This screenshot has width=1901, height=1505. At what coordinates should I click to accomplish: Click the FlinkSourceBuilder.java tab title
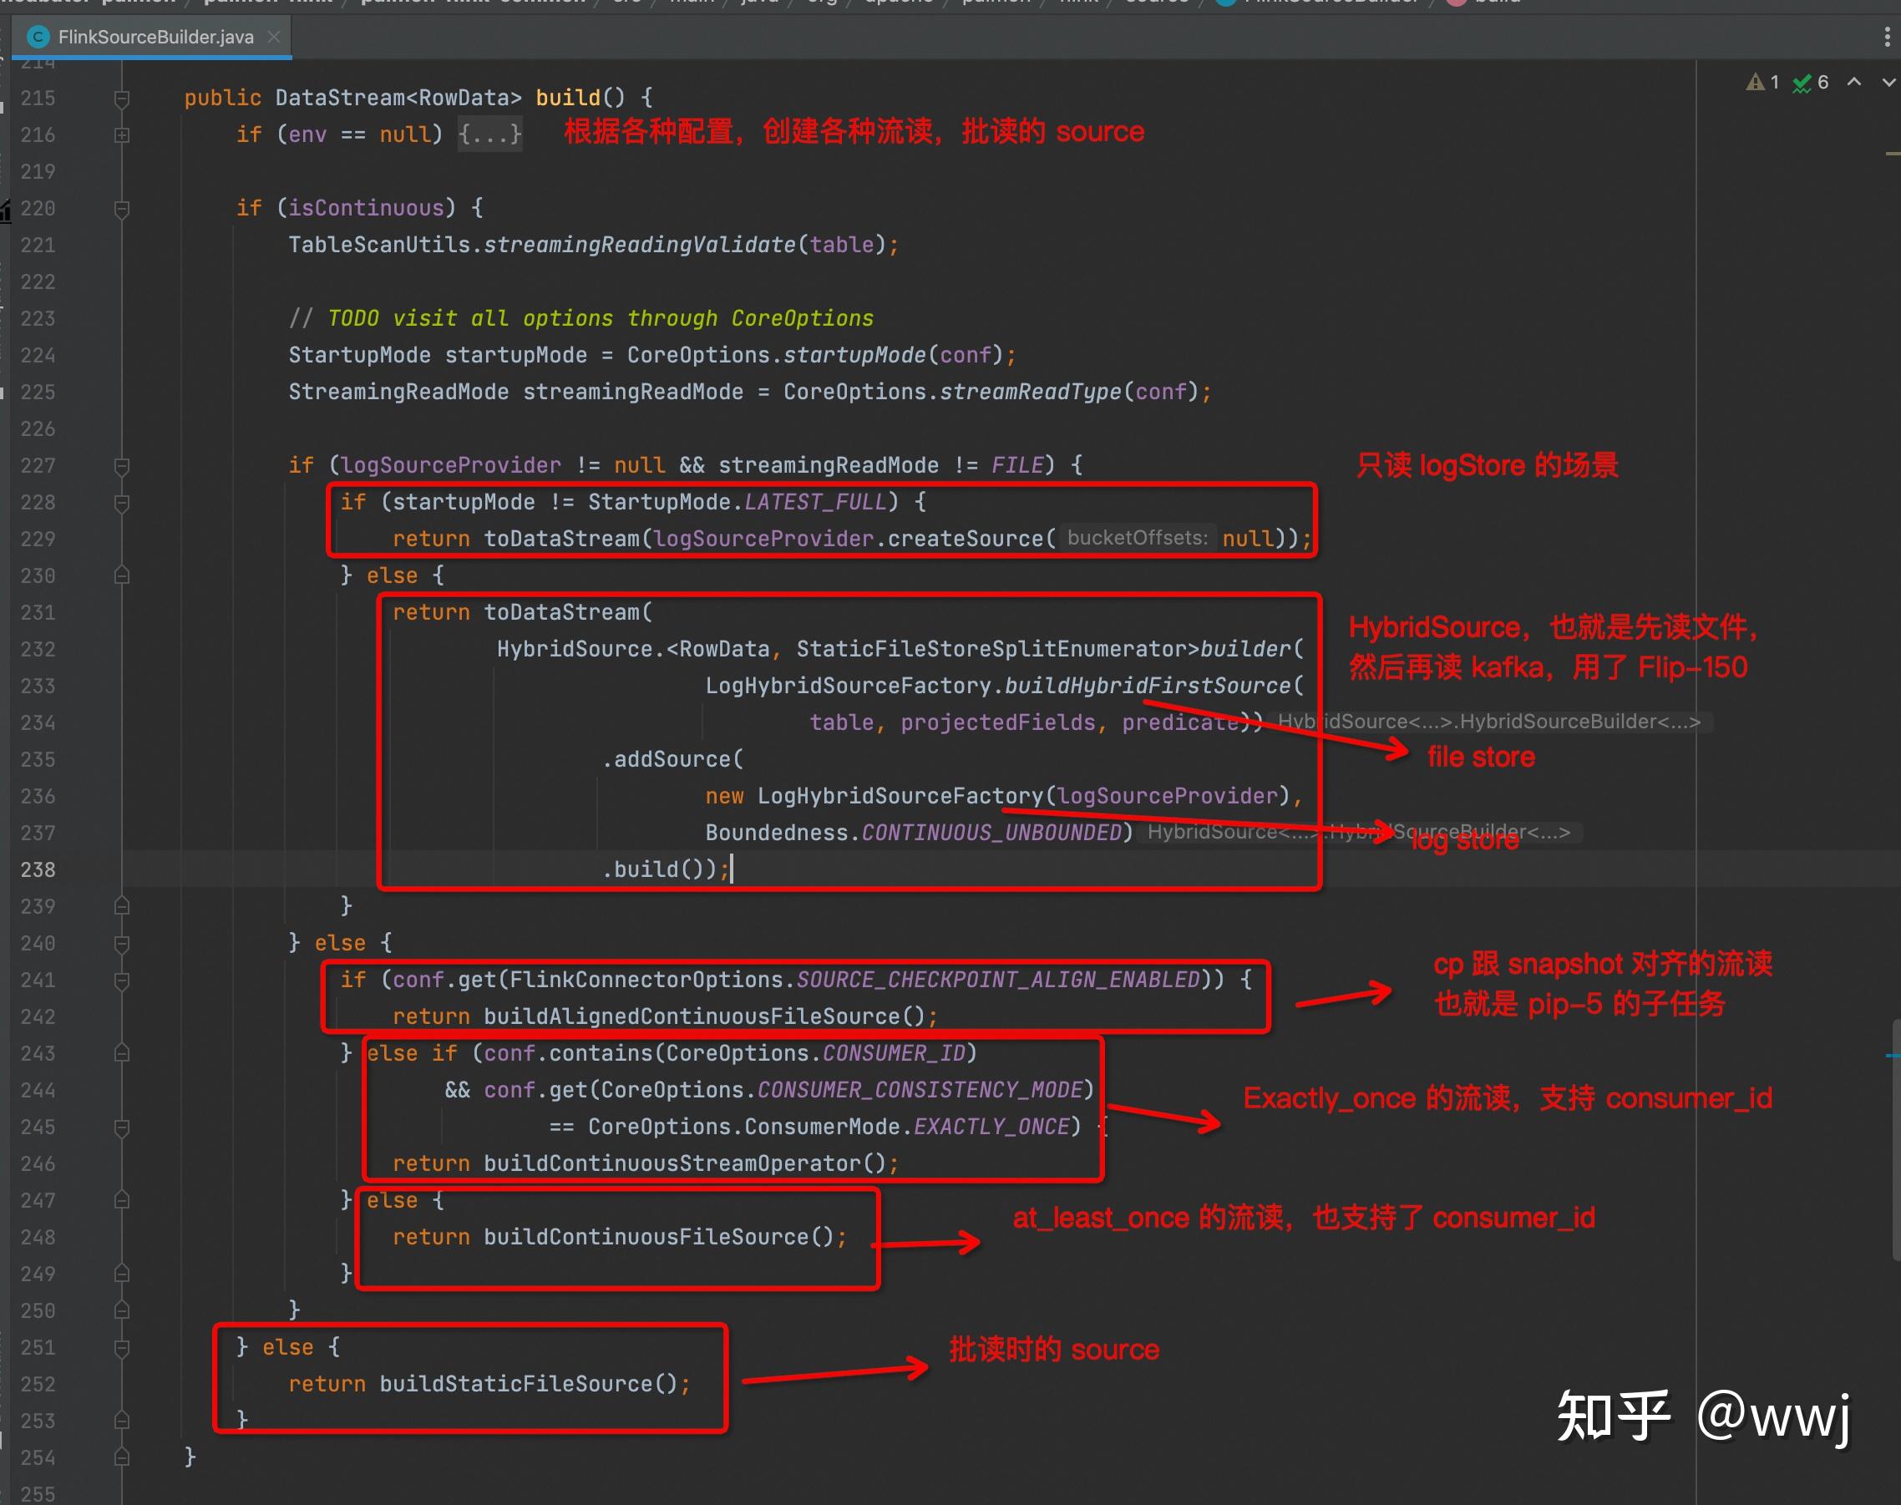(155, 37)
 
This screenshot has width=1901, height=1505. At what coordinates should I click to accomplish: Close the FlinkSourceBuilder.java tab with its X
(274, 37)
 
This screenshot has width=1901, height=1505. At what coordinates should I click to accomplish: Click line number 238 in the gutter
(38, 869)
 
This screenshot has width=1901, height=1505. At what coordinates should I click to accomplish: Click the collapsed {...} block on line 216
(490, 134)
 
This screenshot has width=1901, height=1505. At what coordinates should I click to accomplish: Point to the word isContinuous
(366, 208)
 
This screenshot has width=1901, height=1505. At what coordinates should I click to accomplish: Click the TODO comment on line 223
(600, 318)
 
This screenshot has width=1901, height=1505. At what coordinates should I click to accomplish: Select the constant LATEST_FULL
(814, 502)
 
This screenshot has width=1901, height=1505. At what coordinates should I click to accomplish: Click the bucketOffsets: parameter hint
(1137, 539)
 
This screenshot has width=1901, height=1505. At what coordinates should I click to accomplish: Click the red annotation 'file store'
(1481, 757)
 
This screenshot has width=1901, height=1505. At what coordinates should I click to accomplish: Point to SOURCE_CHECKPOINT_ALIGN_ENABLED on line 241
(997, 980)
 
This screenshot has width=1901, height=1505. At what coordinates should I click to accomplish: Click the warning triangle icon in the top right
(1755, 83)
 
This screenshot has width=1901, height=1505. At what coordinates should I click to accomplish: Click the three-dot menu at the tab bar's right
(1886, 37)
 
